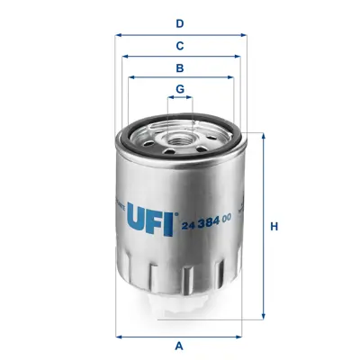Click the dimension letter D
click(180, 23)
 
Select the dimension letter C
click(180, 45)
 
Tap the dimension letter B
click(180, 67)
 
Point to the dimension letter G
click(180, 88)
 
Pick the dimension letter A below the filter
click(180, 346)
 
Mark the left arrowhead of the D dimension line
click(119, 35)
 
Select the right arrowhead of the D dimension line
click(245, 35)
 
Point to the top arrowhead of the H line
click(263, 136)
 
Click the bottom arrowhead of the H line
click(263, 317)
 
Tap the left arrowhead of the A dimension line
click(119, 337)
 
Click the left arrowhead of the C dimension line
click(124, 56)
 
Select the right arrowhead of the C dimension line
click(239, 56)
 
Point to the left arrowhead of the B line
click(131, 78)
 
